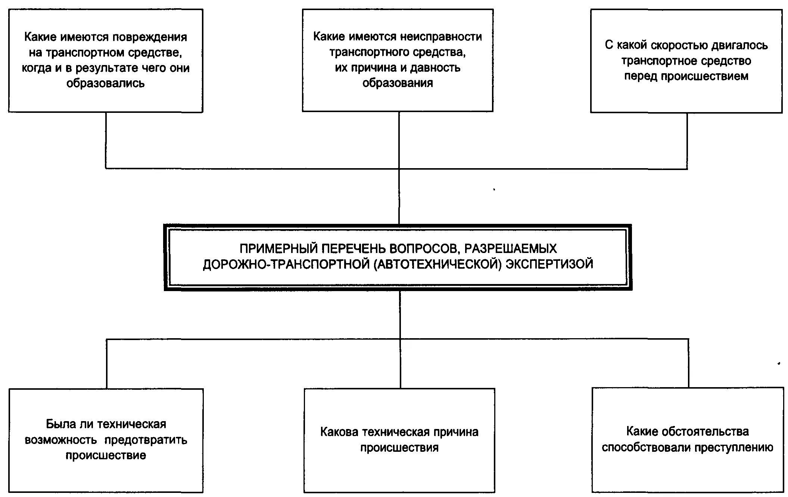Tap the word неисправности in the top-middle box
441,37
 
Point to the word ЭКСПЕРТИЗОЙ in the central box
549,264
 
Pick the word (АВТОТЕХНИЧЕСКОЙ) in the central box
437,264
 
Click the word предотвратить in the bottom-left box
146,440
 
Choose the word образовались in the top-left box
105,83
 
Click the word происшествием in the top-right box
705,76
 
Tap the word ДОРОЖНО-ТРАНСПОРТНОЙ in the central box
286,264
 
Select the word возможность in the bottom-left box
61,440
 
